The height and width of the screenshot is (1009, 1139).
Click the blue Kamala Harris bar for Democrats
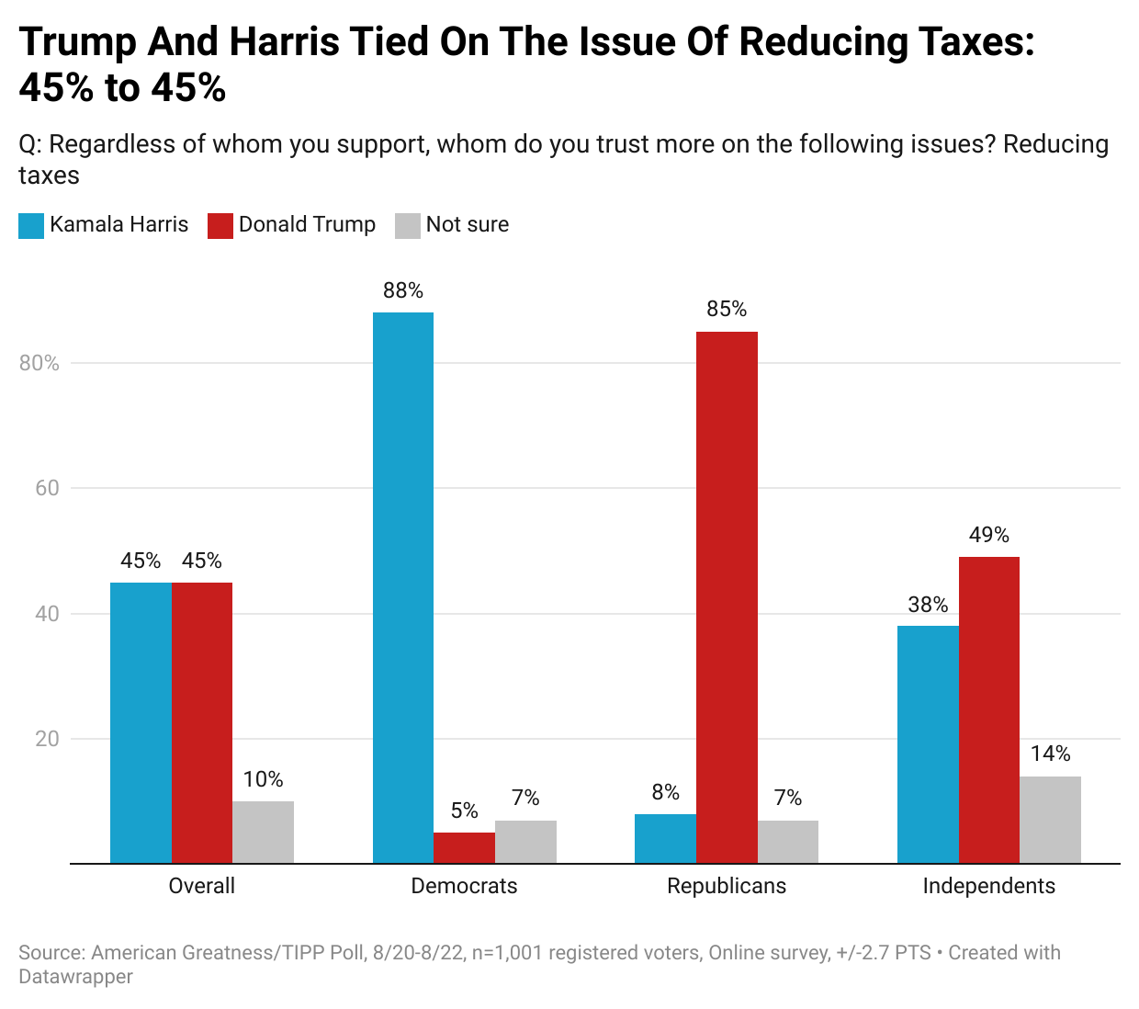[402, 588]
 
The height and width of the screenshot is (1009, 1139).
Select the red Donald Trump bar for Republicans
[727, 597]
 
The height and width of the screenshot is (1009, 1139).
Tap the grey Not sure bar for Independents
[1050, 820]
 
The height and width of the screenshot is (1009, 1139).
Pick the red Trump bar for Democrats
[464, 848]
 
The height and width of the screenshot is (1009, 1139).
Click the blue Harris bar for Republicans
[665, 839]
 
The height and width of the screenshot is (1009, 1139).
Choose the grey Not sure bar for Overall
[263, 833]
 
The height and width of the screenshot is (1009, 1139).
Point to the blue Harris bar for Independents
[928, 744]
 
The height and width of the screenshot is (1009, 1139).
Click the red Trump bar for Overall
[202, 723]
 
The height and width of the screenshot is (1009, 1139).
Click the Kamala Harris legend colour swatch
[31, 225]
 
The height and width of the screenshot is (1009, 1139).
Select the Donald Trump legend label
[307, 224]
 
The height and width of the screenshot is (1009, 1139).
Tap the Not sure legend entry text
[467, 224]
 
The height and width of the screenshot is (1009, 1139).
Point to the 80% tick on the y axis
[39, 363]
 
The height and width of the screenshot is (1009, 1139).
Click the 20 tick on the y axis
[47, 739]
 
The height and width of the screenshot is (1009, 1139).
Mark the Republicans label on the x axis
[727, 886]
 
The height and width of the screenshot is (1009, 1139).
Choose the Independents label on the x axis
[988, 886]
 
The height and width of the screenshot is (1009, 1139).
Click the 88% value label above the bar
[403, 290]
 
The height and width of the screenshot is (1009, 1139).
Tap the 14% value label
[1050, 754]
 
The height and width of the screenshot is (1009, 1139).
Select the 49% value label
[988, 535]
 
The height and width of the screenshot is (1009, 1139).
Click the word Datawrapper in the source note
[75, 977]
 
